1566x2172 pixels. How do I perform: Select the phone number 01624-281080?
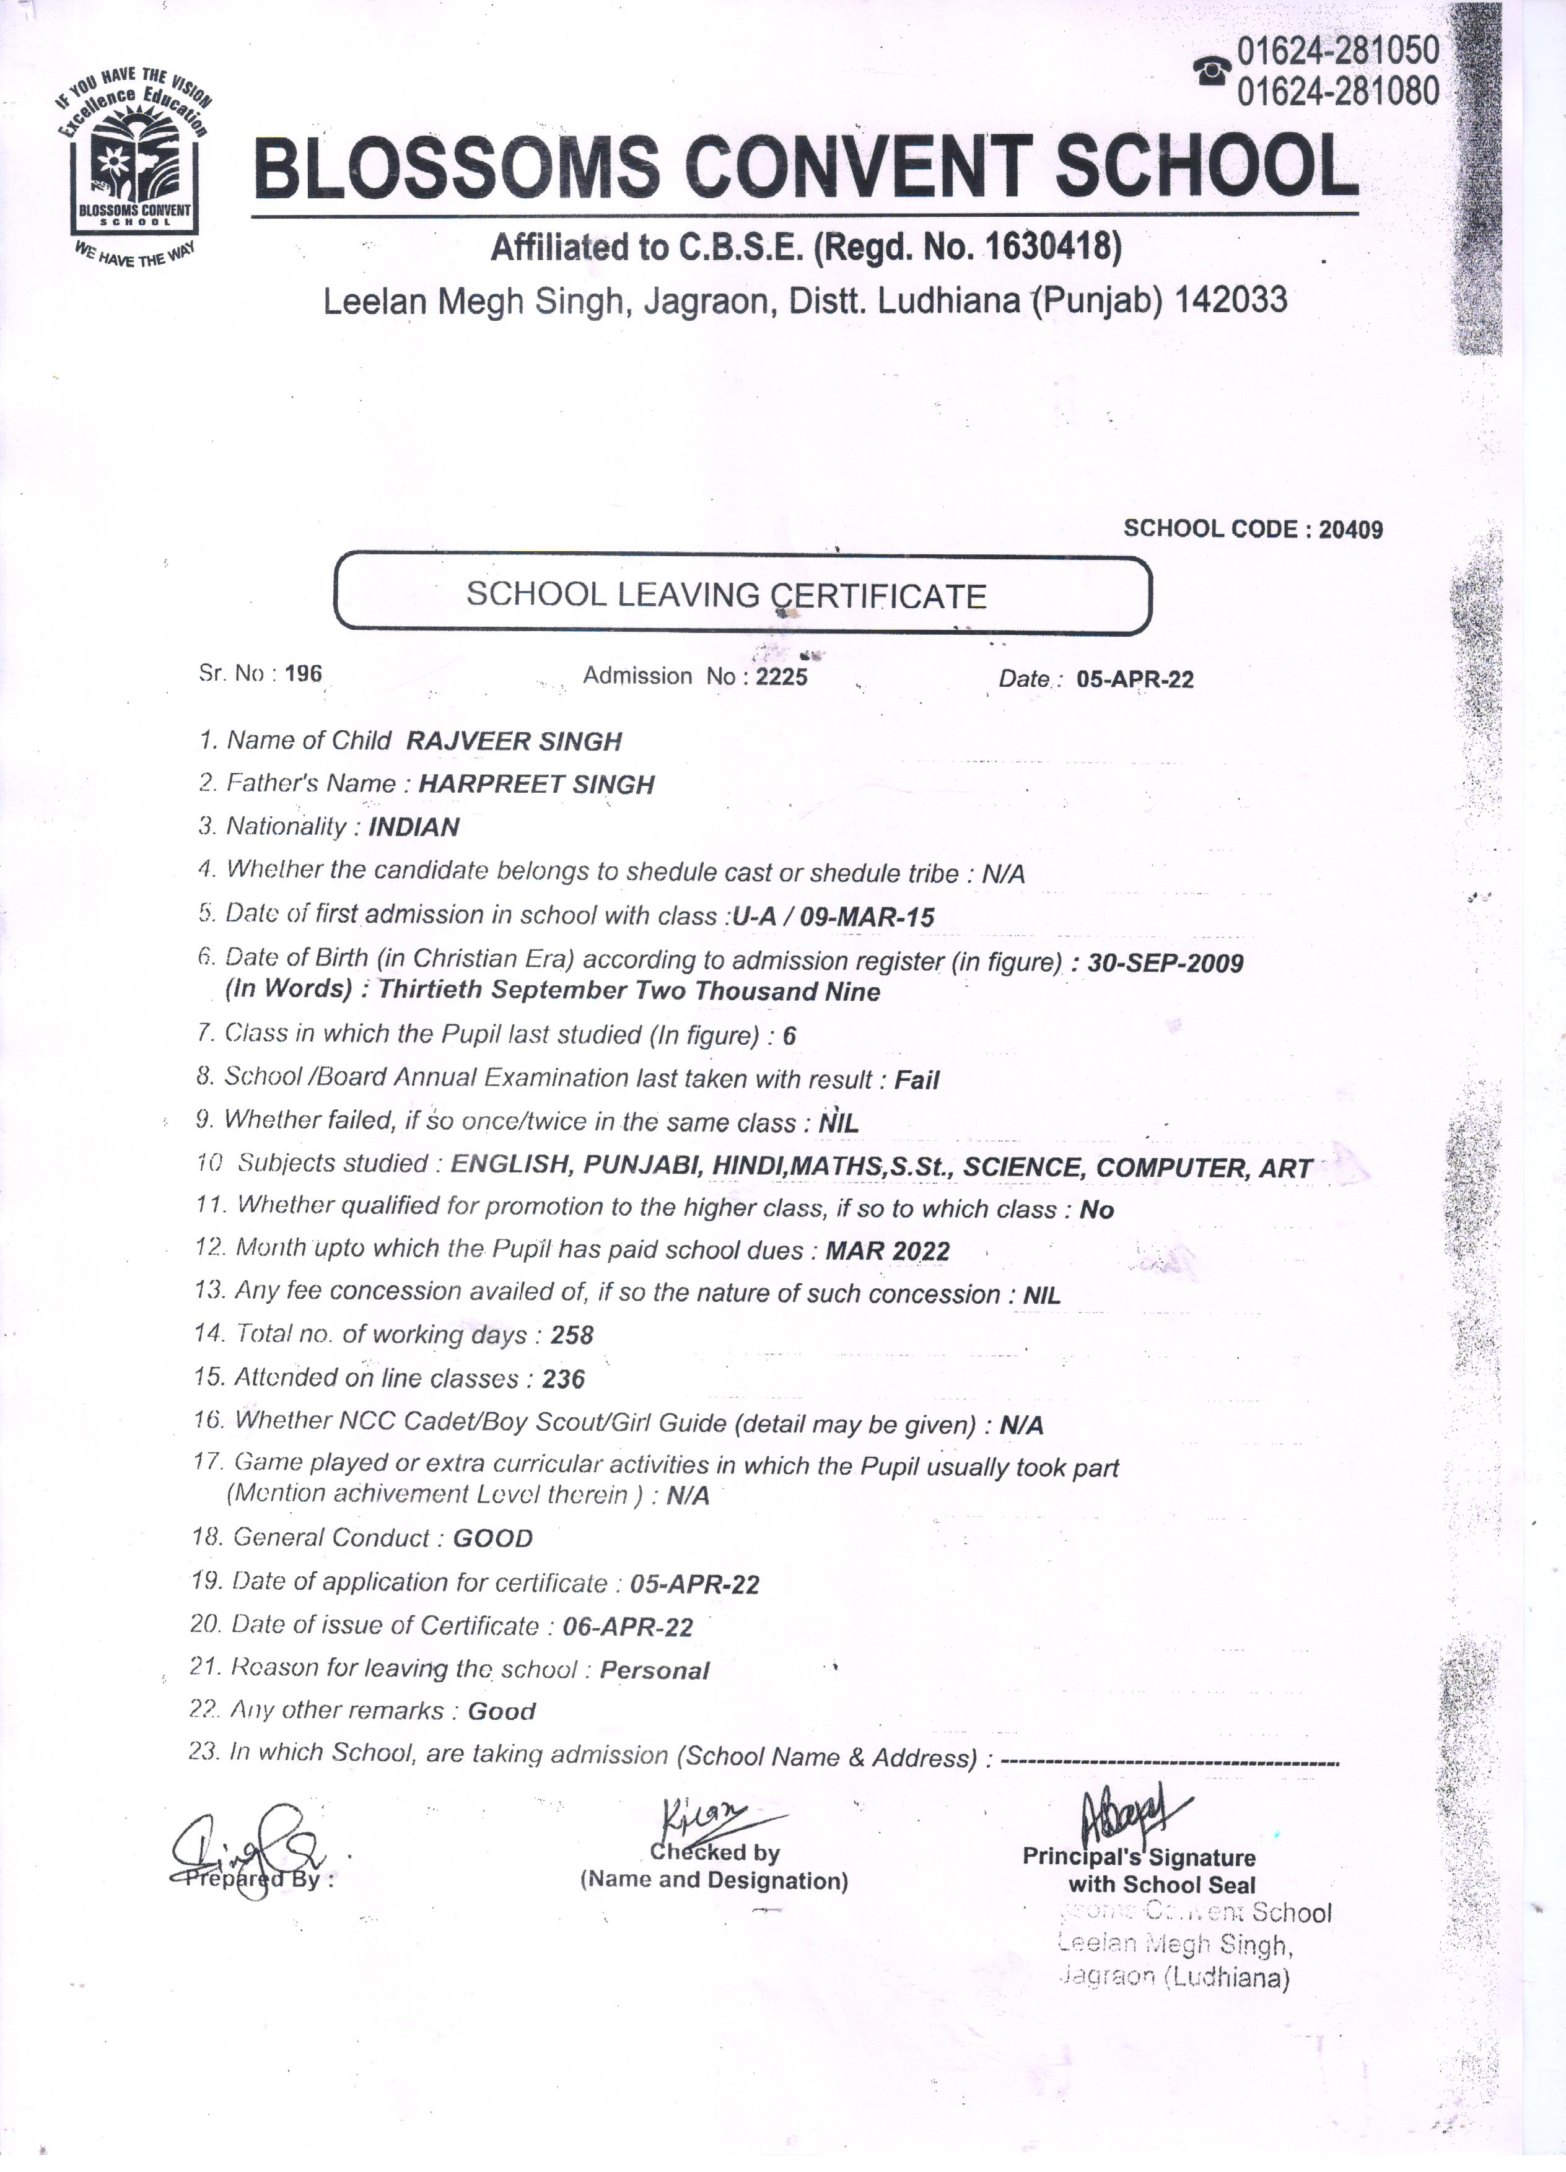tap(1338, 91)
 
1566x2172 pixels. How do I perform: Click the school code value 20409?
tap(1350, 530)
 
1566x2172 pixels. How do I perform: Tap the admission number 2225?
tap(782, 676)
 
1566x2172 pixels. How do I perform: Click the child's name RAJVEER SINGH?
tap(514, 741)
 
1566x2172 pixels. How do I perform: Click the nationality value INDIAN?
tap(414, 827)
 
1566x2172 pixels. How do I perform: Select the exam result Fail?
tap(917, 1080)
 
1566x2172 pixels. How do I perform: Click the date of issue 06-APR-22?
tap(628, 1626)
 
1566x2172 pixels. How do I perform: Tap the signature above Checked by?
tap(714, 1815)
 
